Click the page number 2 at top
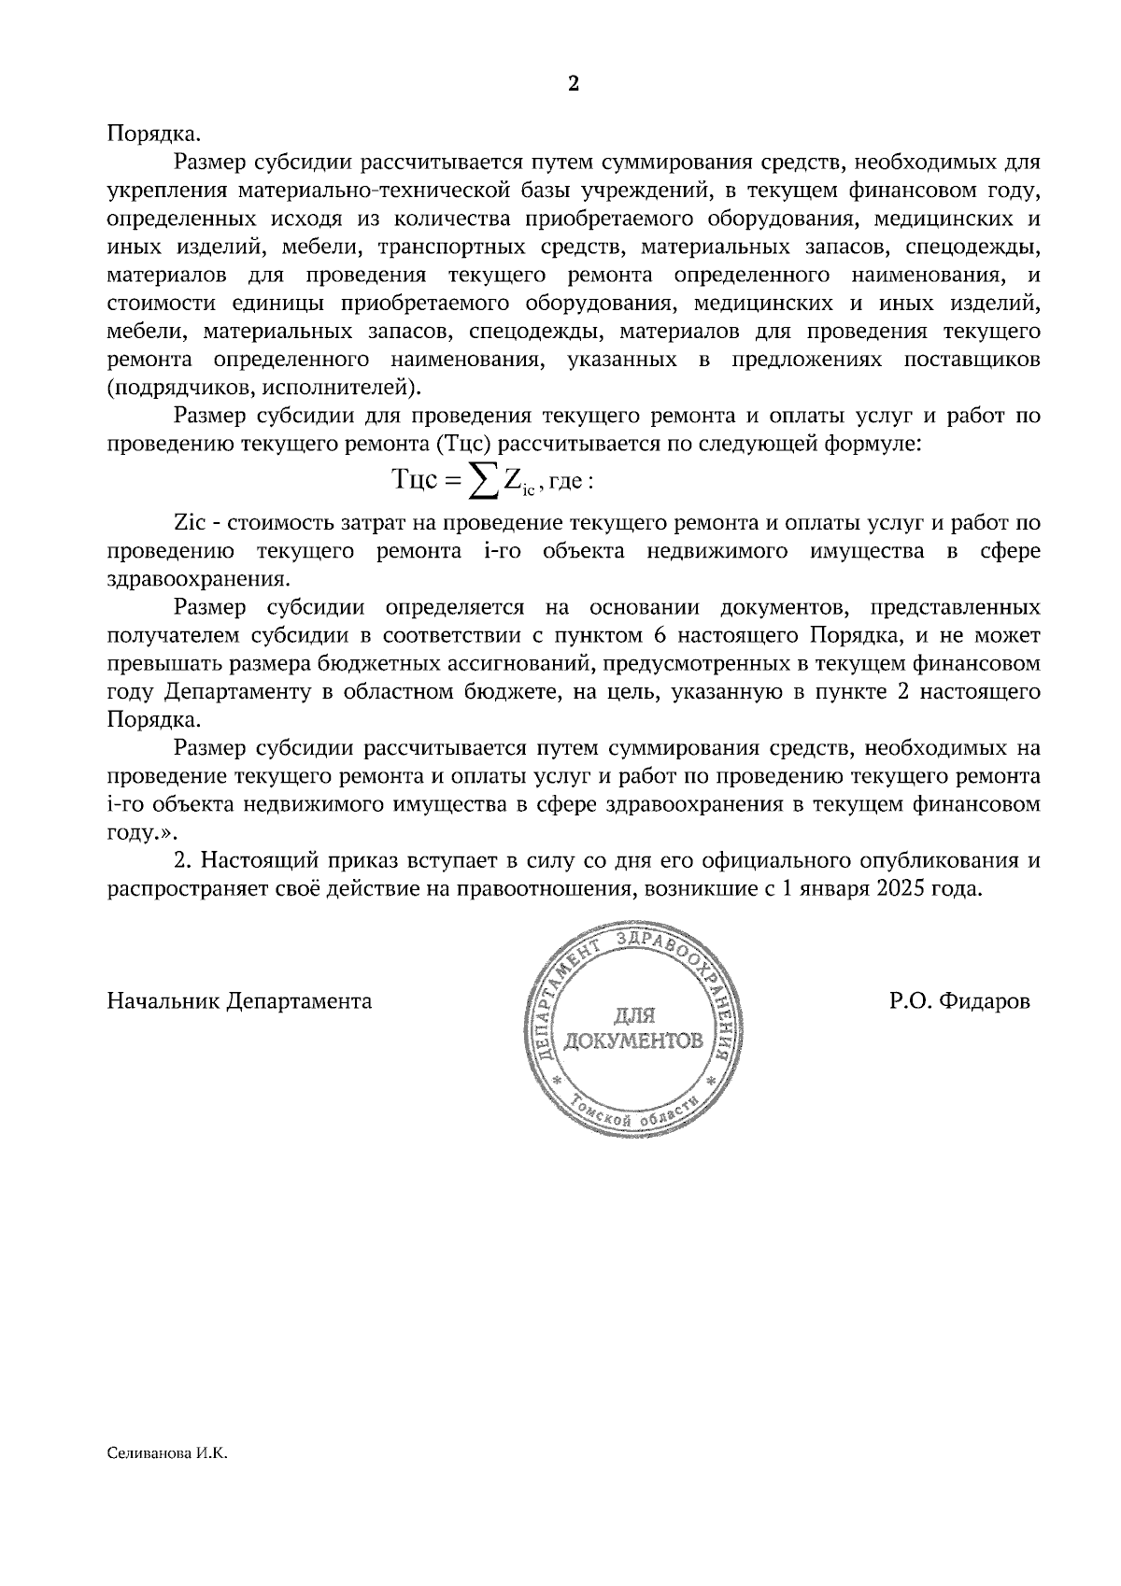pyautogui.click(x=574, y=84)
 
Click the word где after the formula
pyautogui.click(x=566, y=483)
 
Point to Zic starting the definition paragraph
pyautogui.click(x=189, y=523)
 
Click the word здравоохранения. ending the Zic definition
pyautogui.click(x=199, y=579)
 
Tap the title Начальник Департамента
pyautogui.click(x=240, y=1002)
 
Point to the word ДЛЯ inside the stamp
pyautogui.click(x=634, y=1015)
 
